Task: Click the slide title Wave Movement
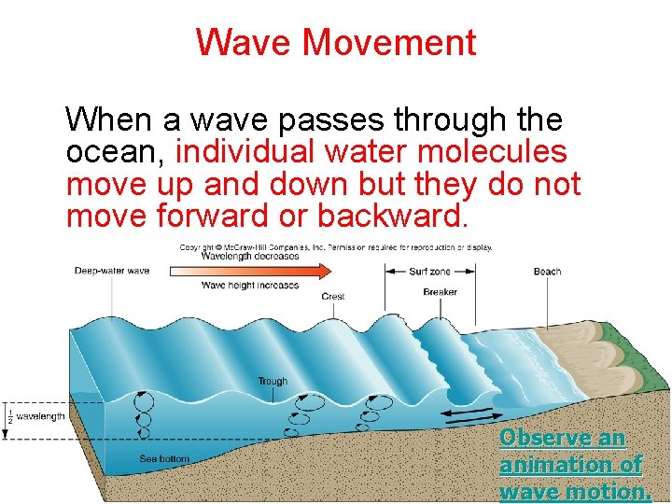tap(336, 42)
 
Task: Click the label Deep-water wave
tap(112, 272)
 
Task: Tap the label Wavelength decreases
tap(250, 256)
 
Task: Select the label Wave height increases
tap(250, 285)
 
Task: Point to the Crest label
tap(333, 297)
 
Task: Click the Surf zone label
tap(429, 272)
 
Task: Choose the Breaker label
tap(440, 292)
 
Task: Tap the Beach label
tap(547, 272)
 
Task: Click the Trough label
tap(273, 381)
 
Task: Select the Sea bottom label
tap(164, 458)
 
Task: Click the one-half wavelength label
tap(35, 415)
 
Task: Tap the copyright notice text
tap(336, 247)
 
